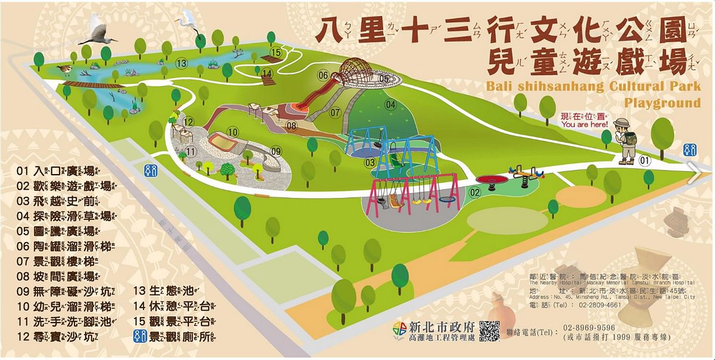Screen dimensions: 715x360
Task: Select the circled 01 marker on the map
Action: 644,160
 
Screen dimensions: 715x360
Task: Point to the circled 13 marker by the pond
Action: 182,63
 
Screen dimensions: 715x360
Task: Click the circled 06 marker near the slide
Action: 322,76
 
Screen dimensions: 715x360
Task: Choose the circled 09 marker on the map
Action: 275,151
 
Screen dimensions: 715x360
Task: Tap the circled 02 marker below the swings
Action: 474,192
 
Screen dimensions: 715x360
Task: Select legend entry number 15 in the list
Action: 173,321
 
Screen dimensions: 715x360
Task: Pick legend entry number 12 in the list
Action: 57,336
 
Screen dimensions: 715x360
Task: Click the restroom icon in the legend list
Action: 138,336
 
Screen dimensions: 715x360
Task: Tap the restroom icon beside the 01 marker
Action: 689,150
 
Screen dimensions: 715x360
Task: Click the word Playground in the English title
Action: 662,103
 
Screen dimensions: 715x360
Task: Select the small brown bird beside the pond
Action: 64,70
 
